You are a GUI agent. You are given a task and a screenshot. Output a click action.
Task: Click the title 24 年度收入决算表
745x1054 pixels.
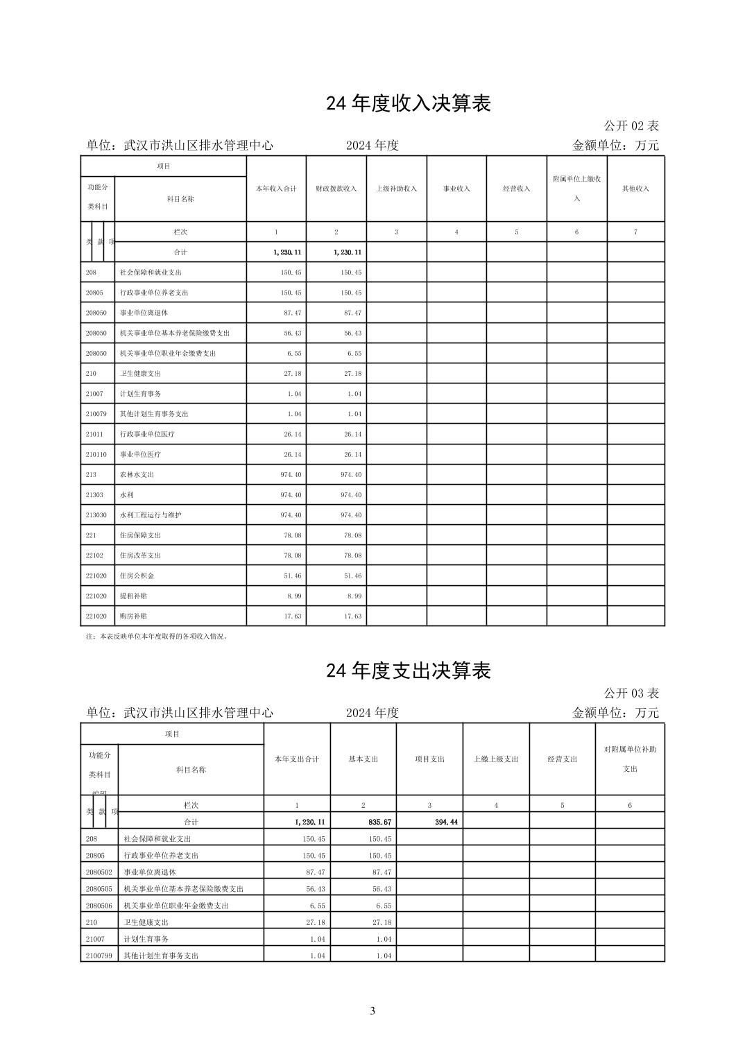(x=409, y=103)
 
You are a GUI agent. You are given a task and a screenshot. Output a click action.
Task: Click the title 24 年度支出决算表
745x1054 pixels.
(x=409, y=671)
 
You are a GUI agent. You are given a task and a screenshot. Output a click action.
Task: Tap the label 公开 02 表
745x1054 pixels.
(x=631, y=126)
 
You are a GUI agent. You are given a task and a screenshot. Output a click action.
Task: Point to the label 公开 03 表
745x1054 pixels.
(x=631, y=693)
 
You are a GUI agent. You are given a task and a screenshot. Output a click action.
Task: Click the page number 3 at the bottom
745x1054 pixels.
(x=372, y=1010)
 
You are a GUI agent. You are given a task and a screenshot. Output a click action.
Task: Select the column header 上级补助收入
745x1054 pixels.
(x=396, y=189)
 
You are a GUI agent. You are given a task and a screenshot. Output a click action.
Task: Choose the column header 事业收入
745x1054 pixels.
(x=456, y=189)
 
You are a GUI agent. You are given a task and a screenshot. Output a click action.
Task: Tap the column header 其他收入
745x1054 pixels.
(x=635, y=189)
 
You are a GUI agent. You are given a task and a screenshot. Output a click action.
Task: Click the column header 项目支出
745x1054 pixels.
(x=429, y=759)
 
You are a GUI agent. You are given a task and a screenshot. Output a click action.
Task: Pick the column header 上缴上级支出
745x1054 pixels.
(x=496, y=759)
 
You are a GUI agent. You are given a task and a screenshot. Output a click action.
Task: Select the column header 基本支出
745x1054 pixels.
(x=363, y=759)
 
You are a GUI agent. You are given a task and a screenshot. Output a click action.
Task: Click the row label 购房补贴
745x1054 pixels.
(x=133, y=616)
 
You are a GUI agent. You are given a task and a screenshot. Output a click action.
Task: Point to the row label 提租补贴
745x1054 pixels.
(x=133, y=596)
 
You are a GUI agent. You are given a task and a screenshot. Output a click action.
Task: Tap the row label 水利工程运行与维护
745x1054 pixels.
(x=151, y=515)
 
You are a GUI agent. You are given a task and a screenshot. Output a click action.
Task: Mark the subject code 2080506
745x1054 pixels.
(x=99, y=906)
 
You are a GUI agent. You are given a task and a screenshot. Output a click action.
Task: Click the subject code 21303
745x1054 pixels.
(x=95, y=495)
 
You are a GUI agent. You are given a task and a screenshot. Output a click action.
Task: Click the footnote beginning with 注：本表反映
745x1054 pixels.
(x=157, y=636)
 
